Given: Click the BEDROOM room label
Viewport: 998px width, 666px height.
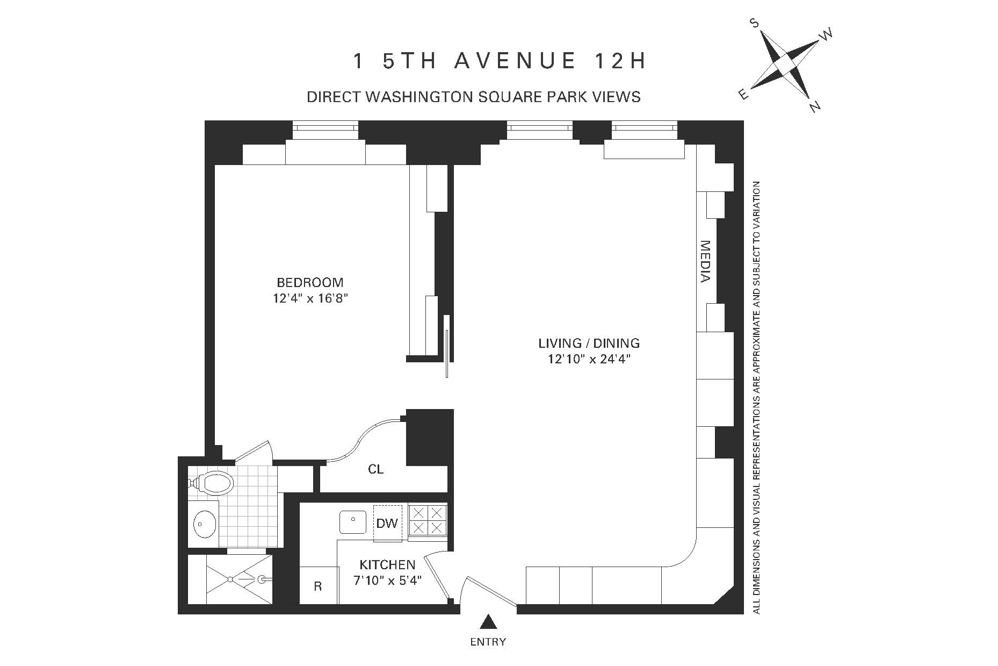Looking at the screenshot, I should tap(310, 283).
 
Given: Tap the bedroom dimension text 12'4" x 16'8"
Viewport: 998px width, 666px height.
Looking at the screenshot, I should tap(310, 299).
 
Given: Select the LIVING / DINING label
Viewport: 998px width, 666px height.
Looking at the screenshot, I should tap(589, 343).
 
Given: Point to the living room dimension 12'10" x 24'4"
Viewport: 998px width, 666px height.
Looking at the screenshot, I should tap(589, 359).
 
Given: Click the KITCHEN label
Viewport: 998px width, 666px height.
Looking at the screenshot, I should tap(387, 565).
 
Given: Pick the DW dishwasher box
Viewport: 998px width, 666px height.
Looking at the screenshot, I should tap(387, 523).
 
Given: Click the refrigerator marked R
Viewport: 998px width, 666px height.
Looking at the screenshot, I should tap(318, 586).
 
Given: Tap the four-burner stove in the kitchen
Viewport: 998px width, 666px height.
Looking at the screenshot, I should tap(428, 520).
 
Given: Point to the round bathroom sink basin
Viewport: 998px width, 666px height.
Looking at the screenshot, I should tap(205, 522).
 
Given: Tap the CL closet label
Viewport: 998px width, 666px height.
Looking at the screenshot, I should tap(375, 469).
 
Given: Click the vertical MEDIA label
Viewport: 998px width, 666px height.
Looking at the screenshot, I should tap(705, 261).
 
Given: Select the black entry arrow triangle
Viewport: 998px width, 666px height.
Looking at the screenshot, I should tap(488, 622).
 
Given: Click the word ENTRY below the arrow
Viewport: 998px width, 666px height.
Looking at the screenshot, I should tap(488, 641).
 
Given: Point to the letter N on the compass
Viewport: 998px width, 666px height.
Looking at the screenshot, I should tap(815, 107).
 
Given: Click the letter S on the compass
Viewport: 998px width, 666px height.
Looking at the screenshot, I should tap(755, 23).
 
